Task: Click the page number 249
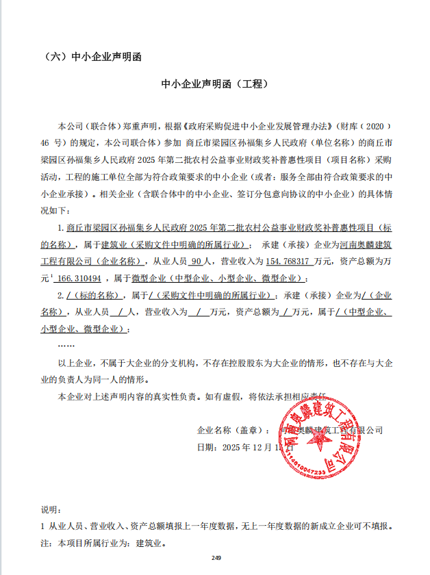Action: pos(216,557)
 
